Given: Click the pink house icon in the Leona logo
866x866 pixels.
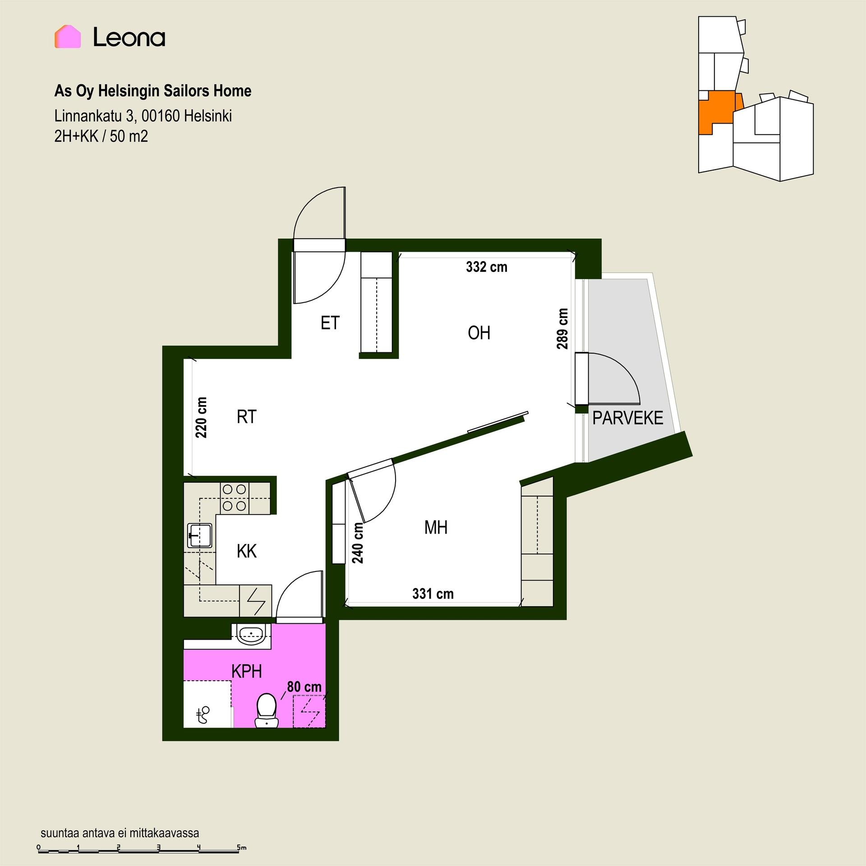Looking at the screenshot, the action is click(x=68, y=37).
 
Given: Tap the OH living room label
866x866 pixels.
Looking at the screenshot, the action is click(x=479, y=333).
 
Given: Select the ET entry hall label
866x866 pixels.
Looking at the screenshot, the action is click(x=330, y=323).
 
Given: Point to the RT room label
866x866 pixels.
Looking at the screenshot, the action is click(x=246, y=417).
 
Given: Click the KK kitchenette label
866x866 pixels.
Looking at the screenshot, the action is click(x=246, y=551).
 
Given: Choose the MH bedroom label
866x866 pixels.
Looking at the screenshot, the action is click(x=436, y=527).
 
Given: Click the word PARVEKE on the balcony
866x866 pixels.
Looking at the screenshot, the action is click(x=627, y=418).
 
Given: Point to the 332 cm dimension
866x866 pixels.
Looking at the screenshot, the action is click(x=487, y=267).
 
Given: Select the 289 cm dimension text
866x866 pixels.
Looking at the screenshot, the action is click(x=562, y=329).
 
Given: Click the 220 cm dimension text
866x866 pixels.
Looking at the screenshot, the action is click(x=201, y=418).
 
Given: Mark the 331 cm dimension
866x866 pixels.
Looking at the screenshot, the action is click(x=433, y=594).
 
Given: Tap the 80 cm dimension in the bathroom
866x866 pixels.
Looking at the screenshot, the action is click(x=304, y=687).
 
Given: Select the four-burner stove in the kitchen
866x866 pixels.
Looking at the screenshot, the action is click(x=235, y=498).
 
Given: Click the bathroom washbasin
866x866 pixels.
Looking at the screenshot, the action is click(x=251, y=636).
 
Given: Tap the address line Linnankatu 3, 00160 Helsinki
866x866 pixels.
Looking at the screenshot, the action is click(x=143, y=116).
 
